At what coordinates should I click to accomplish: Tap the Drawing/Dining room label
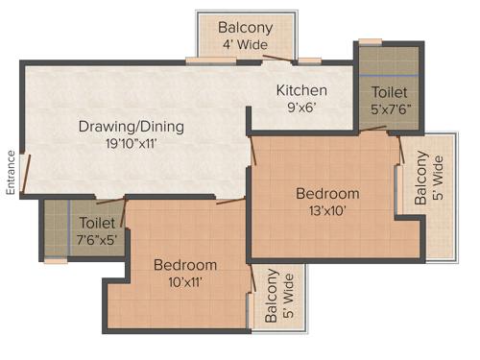(x=131, y=127)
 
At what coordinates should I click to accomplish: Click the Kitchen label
(x=301, y=91)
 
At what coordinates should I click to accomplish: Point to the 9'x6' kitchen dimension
(x=301, y=109)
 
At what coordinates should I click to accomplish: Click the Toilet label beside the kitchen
(x=389, y=92)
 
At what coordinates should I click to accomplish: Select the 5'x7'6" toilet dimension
(x=389, y=110)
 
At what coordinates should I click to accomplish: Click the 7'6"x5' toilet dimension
(x=97, y=240)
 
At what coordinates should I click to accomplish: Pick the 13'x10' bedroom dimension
(x=326, y=211)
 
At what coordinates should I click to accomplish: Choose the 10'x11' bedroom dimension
(x=183, y=283)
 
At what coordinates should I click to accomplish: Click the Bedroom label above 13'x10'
(x=327, y=193)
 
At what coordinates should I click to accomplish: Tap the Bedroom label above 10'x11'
(x=184, y=265)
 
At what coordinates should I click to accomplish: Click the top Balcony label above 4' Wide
(x=244, y=27)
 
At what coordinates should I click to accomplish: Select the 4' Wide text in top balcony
(x=244, y=44)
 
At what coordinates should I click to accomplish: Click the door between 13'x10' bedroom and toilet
(x=396, y=139)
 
